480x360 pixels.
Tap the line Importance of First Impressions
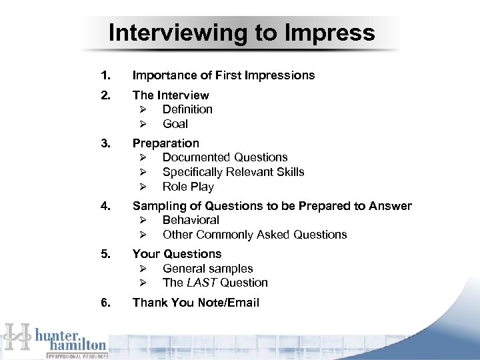tap(223, 75)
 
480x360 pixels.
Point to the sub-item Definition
tap(187, 109)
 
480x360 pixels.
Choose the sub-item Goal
tap(175, 124)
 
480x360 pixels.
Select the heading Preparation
tap(165, 143)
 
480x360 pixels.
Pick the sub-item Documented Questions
tap(225, 157)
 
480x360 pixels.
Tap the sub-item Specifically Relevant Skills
tap(233, 172)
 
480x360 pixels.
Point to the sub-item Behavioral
tap(191, 220)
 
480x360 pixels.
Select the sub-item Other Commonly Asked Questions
tap(255, 235)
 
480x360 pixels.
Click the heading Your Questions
tap(177, 254)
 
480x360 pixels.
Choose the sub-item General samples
tap(207, 269)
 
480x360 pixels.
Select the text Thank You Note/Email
tap(195, 303)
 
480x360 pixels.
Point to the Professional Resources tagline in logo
tap(77, 357)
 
